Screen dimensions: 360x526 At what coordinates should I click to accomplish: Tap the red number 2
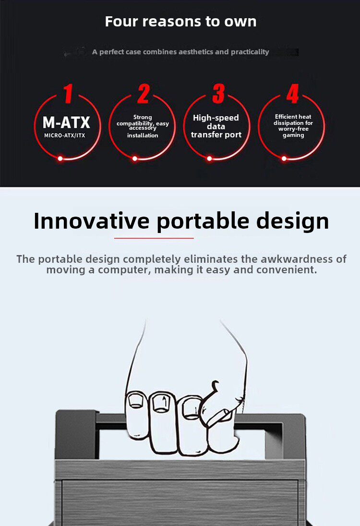144,94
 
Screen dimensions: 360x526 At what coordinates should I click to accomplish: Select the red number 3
218,94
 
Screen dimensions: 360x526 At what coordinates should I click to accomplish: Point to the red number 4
293,94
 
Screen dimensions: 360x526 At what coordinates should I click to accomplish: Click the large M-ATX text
66,122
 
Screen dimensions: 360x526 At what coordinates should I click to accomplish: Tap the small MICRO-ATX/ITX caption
65,135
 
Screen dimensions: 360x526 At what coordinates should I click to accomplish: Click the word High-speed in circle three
216,118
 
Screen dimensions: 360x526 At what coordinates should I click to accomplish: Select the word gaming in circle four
293,135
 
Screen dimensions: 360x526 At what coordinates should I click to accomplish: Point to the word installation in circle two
143,135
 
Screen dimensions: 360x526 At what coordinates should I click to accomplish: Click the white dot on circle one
60,159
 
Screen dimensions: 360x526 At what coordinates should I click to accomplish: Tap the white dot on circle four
284,159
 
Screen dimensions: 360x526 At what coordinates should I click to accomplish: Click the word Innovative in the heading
92,221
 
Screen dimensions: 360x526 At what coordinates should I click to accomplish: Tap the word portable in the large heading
203,221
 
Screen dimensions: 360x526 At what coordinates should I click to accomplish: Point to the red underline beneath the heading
154,238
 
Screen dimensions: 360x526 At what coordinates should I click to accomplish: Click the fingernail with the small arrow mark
161,403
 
